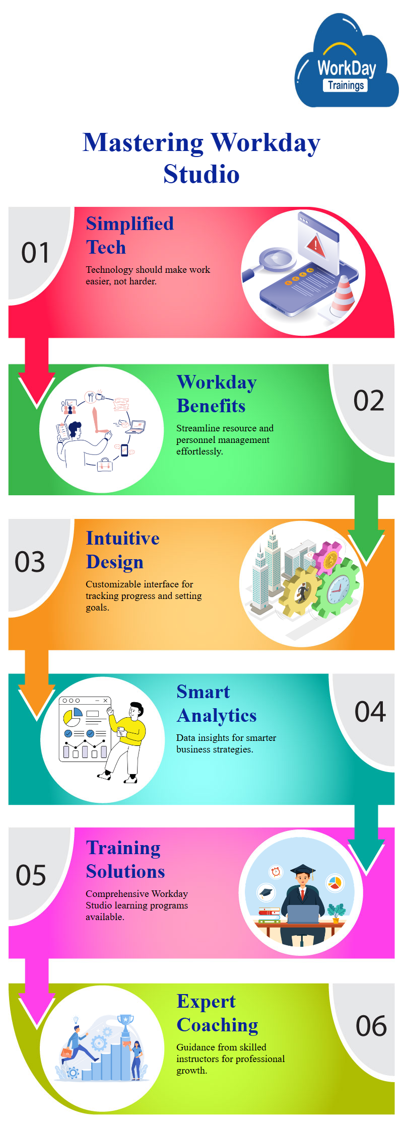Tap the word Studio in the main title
pyautogui.click(x=201, y=174)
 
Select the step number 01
pyautogui.click(x=35, y=253)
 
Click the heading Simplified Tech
pyautogui.click(x=130, y=235)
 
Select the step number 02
pyautogui.click(x=369, y=401)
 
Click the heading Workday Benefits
pyautogui.click(x=217, y=394)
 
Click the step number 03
pyautogui.click(x=30, y=562)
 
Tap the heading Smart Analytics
pyautogui.click(x=217, y=704)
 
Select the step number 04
pyautogui.click(x=370, y=712)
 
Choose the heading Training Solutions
pyautogui.click(x=125, y=859)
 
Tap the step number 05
pyautogui.click(x=31, y=875)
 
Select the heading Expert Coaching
pyautogui.click(x=218, y=1013)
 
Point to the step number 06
pyautogui.click(x=371, y=1026)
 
